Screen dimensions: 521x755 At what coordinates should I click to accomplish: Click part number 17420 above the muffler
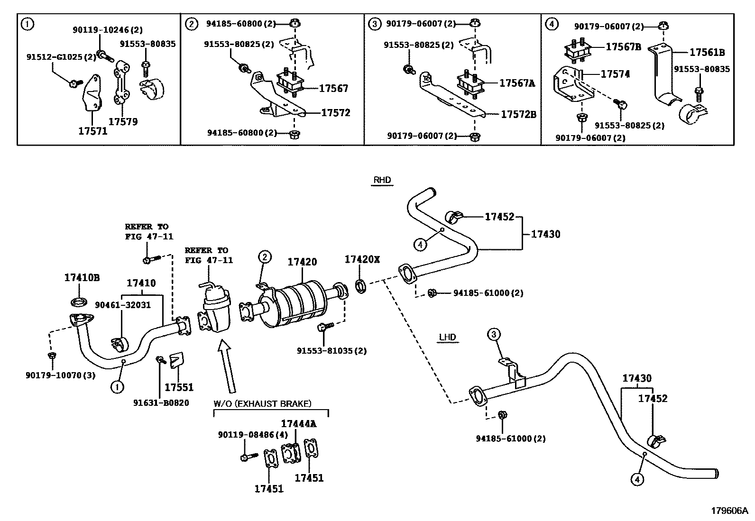(303, 262)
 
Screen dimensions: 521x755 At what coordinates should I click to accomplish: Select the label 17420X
(362, 259)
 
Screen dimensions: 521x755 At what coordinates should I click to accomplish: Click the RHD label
(382, 180)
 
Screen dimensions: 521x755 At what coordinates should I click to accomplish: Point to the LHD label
(447, 338)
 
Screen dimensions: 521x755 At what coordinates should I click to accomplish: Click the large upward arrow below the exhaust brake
(226, 367)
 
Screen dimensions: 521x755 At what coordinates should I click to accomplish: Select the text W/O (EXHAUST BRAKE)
(262, 404)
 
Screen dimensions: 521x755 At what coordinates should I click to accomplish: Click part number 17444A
(298, 423)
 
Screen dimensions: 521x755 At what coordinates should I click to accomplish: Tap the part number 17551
(179, 387)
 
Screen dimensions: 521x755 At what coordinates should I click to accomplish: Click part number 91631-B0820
(161, 403)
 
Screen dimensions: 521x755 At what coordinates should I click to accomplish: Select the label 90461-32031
(123, 305)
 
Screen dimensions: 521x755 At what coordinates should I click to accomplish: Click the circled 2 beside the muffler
(265, 257)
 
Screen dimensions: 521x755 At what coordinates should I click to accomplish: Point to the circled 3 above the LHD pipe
(493, 335)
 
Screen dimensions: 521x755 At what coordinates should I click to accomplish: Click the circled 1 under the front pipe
(117, 387)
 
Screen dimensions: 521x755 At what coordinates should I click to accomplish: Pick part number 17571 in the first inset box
(93, 131)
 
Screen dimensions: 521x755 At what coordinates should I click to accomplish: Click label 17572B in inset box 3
(518, 114)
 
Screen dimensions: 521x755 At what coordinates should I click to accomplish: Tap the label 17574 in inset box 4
(615, 74)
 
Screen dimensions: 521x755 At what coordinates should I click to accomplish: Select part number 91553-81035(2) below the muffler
(331, 351)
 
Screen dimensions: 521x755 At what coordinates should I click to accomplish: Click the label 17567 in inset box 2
(333, 88)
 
